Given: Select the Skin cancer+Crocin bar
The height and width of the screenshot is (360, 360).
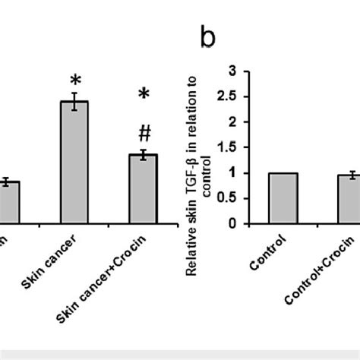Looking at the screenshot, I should [143, 190].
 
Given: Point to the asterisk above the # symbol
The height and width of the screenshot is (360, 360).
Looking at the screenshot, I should [143, 95].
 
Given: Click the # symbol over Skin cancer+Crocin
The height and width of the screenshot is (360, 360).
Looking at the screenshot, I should [143, 133].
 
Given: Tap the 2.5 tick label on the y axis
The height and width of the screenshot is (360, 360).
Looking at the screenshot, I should [242, 96].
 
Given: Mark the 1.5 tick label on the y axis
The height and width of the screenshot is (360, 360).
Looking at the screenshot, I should [242, 148].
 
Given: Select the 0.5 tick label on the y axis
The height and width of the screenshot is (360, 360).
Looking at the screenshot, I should [242, 200].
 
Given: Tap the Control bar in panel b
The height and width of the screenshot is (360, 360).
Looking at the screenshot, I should [283, 199].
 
